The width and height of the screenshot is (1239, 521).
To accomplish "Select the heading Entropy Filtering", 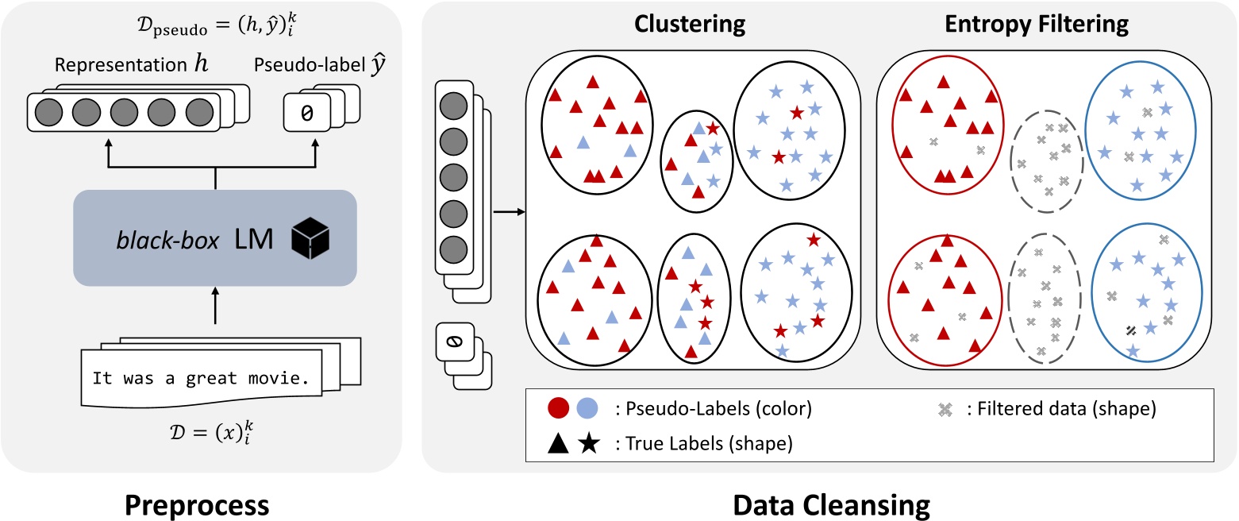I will (x=1037, y=25).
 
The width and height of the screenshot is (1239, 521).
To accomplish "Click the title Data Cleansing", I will (x=827, y=504).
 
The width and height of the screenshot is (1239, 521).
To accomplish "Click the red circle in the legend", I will (x=560, y=410).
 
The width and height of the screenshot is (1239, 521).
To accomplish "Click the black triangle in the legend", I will (x=560, y=442).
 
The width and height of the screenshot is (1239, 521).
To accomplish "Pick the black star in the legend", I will (x=587, y=442).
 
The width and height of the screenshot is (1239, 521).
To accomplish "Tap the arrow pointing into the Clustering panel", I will (x=509, y=212).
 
